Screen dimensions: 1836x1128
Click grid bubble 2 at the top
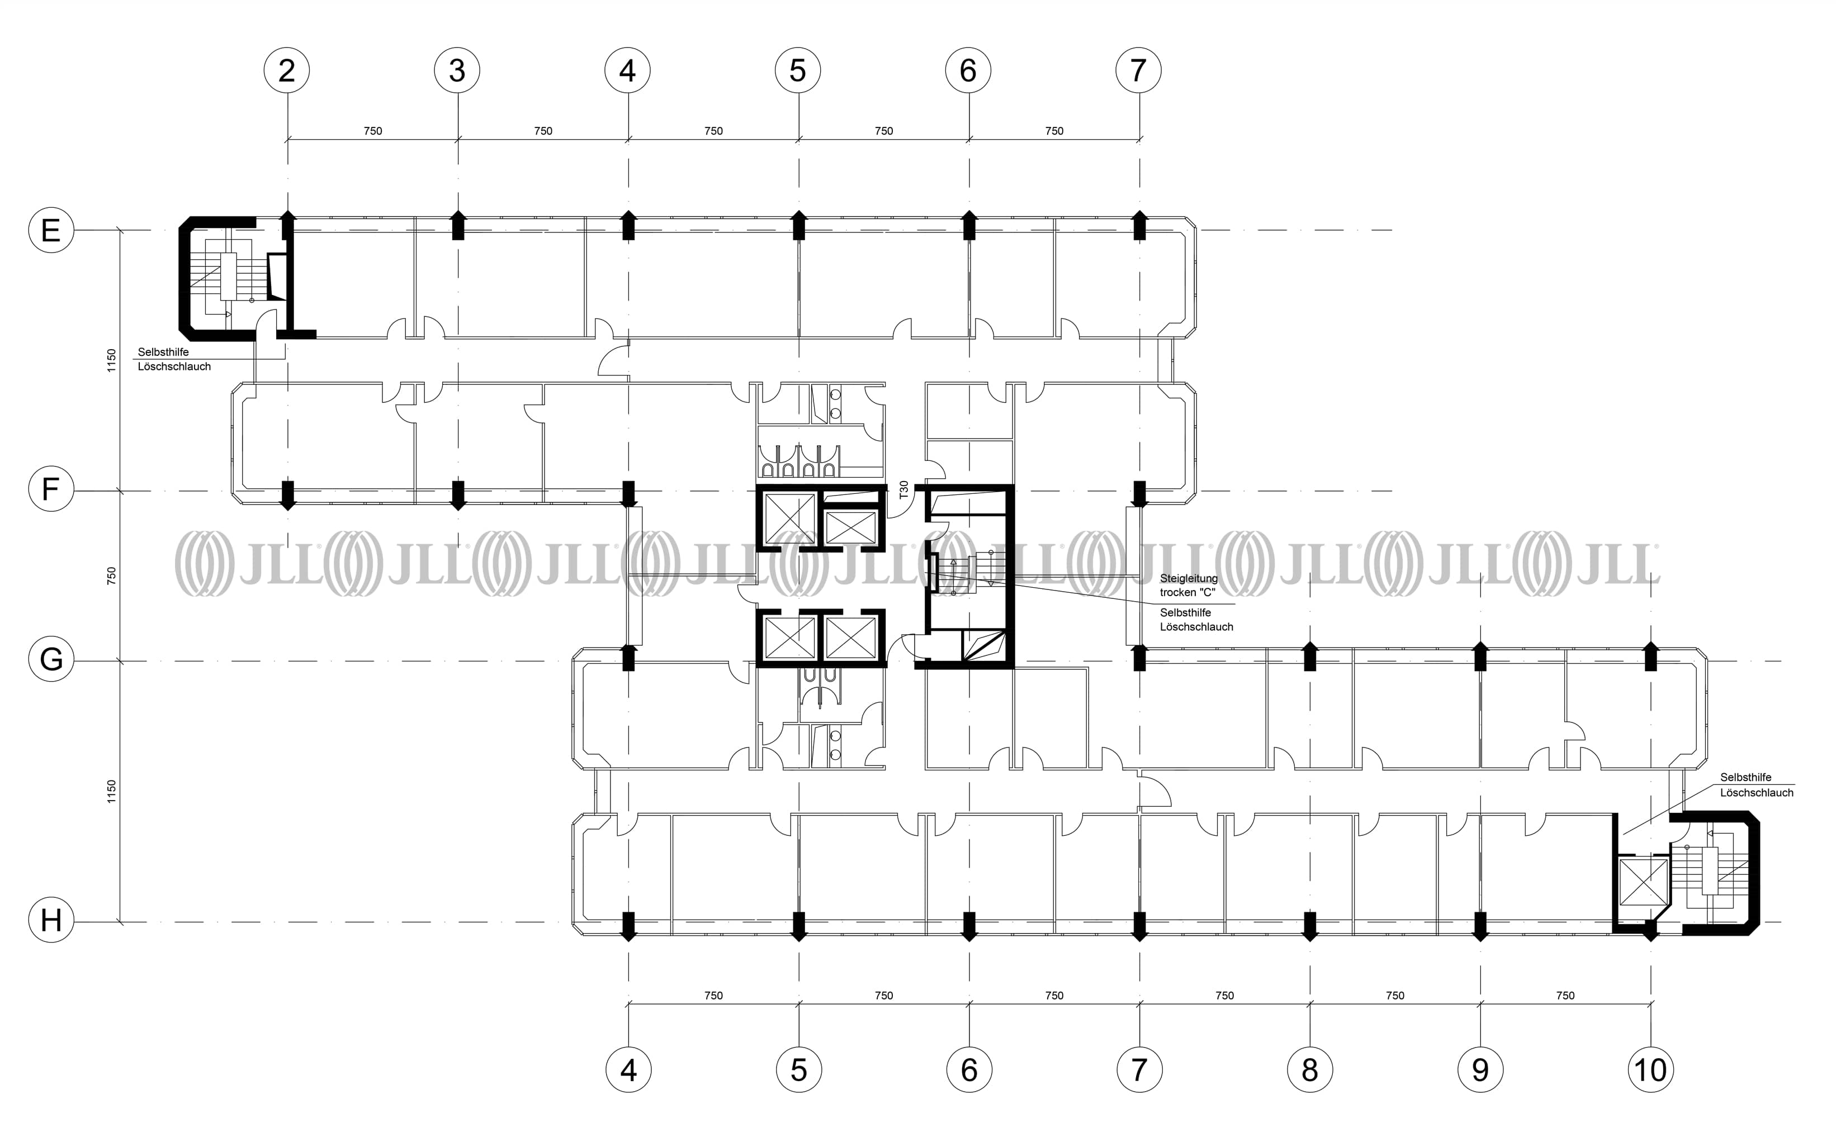click(287, 71)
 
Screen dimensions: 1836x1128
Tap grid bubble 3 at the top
click(457, 71)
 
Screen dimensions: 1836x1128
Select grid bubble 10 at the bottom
click(1650, 1070)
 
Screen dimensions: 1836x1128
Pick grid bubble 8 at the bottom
click(1310, 1070)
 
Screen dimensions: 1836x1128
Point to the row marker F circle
click(51, 489)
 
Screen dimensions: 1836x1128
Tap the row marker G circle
click(51, 659)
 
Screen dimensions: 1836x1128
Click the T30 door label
click(904, 489)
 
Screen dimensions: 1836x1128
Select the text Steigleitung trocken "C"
click(1188, 585)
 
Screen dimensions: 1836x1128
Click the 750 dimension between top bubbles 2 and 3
click(372, 131)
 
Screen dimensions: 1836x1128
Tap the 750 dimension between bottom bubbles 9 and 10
click(1565, 995)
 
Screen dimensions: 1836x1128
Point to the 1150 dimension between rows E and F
click(111, 360)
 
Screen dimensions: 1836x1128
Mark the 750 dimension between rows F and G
click(111, 575)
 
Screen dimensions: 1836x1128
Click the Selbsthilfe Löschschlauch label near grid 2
click(174, 359)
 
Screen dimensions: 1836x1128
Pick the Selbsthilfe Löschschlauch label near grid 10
click(1756, 785)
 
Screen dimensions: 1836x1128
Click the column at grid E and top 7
click(1139, 225)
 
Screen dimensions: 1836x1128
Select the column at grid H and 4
click(628, 925)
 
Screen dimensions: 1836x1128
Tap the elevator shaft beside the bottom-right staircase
click(1643, 881)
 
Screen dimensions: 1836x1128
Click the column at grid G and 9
click(1480, 656)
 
